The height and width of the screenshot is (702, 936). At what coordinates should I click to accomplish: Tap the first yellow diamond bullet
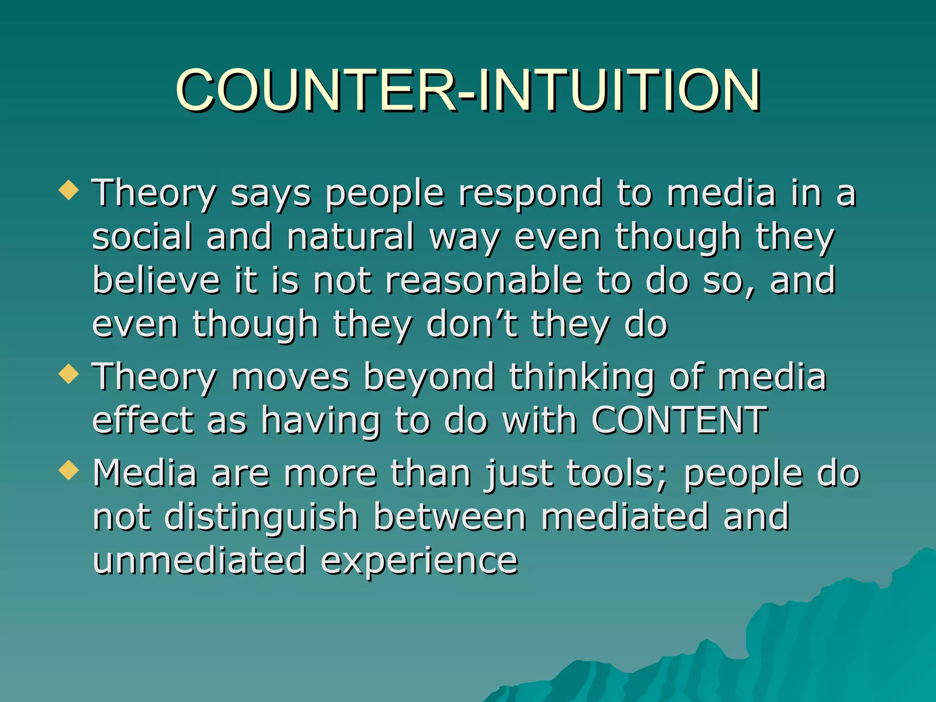click(69, 190)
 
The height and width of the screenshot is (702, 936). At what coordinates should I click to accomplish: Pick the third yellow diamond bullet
click(69, 470)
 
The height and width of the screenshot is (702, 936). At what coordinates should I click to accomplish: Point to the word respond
click(530, 194)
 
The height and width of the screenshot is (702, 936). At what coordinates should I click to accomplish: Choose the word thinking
click(582, 378)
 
